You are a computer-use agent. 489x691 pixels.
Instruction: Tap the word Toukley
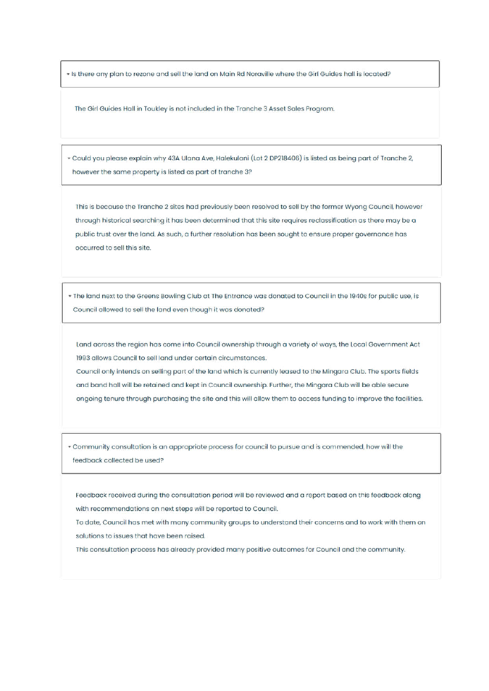coord(155,109)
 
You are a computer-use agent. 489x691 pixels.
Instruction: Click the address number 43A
coord(174,158)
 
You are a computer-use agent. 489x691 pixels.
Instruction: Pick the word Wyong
coord(355,207)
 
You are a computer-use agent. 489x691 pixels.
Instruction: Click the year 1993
coord(83,358)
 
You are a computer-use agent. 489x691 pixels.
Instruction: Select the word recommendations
coord(112,509)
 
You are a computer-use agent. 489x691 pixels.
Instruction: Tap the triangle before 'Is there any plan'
coord(68,74)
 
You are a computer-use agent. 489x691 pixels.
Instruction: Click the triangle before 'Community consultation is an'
coord(70,447)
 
